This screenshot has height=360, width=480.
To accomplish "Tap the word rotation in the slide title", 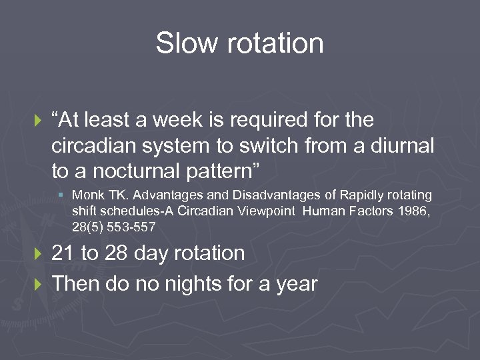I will pyautogui.click(x=276, y=44).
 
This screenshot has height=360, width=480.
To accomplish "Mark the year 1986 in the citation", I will pyautogui.click(x=417, y=211).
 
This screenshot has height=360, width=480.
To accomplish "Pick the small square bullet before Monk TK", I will pyautogui.click(x=61, y=196).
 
